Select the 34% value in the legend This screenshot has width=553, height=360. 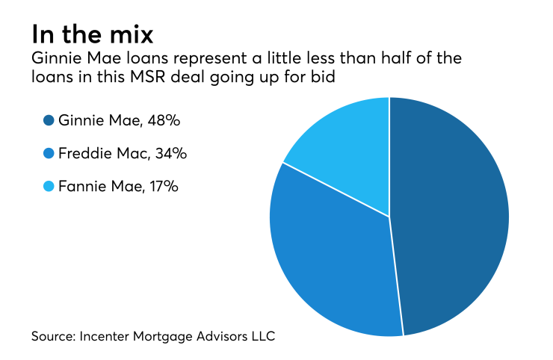[x=169, y=154]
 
